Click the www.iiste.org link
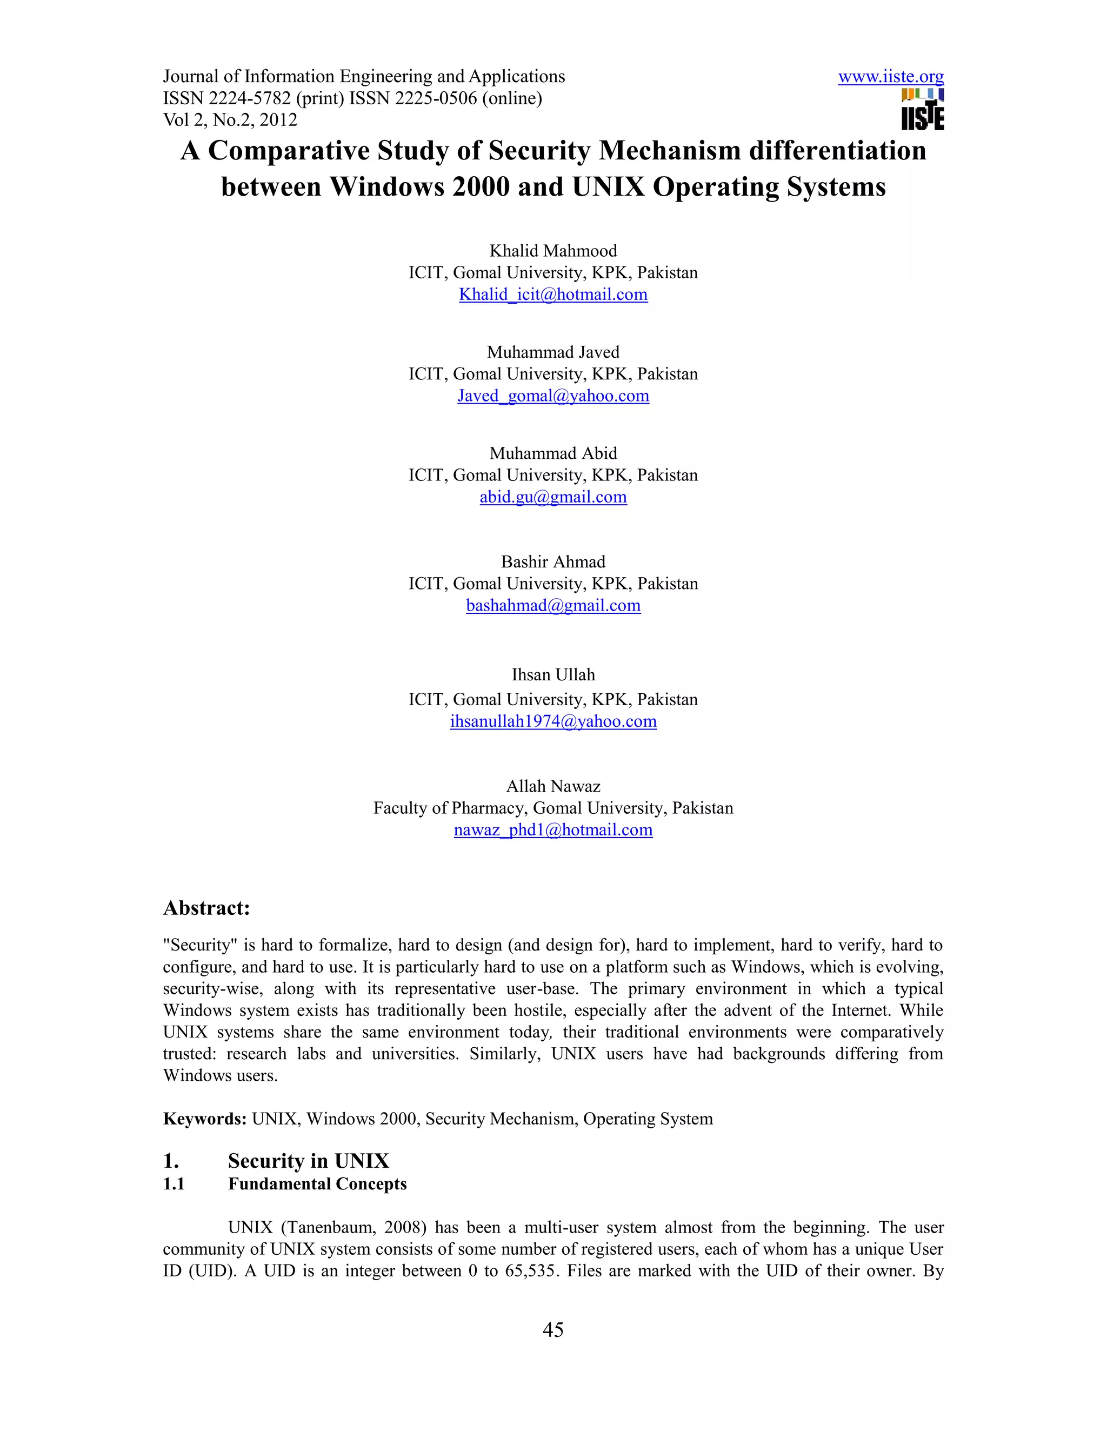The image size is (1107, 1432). (891, 77)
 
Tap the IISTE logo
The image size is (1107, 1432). (923, 110)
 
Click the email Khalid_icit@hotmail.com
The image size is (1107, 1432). (553, 295)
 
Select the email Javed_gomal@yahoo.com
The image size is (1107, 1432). (553, 396)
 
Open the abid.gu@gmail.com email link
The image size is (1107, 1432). (553, 497)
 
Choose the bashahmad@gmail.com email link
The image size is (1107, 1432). (553, 605)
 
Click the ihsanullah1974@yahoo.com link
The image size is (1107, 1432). (553, 721)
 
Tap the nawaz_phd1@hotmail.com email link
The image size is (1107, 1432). (553, 830)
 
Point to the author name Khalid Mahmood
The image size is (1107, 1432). (553, 251)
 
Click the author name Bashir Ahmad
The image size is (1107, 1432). (553, 562)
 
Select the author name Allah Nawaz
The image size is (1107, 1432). (553, 786)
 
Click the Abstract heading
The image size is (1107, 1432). (206, 908)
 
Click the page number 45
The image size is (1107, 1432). (553, 1330)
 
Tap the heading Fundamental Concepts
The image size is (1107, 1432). (317, 1184)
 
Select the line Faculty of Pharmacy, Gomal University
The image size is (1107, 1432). (553, 808)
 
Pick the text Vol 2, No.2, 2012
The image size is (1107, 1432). (230, 120)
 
